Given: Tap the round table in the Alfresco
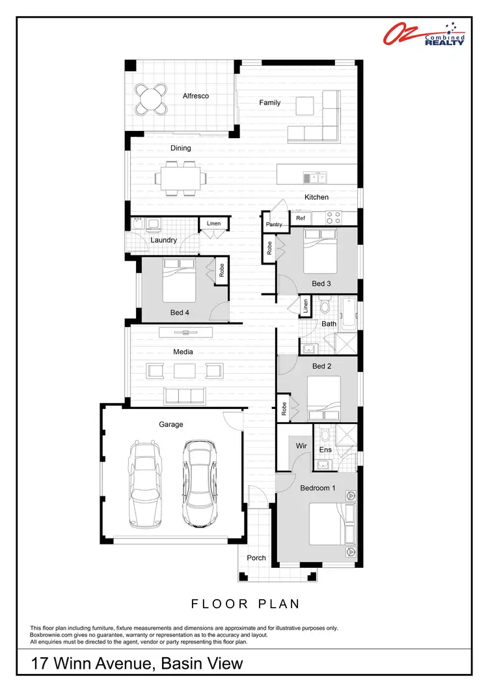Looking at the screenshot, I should pos(151,99).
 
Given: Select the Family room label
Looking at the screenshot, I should pos(270,103).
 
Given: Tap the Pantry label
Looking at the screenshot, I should pos(273,225).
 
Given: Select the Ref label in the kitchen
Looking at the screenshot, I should pos(301,218).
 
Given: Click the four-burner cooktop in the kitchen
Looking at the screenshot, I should pos(333,218).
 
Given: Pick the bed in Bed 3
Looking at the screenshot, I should pos(321,251).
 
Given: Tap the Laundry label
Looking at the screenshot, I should pos(163,240).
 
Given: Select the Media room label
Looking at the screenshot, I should pos(183,352).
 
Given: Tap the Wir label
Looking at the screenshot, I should pos(301,446).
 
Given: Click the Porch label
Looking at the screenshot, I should pos(256,558).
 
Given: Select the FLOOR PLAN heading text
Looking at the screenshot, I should pos(245,604).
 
